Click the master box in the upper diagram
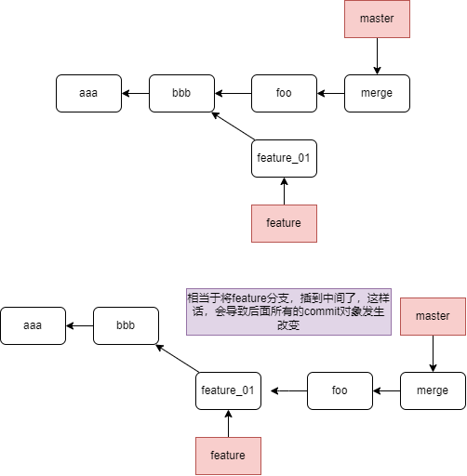point(377,19)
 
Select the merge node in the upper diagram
point(377,93)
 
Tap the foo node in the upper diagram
point(284,93)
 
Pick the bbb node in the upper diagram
point(181,93)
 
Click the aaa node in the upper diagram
point(88,93)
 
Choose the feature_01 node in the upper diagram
point(284,158)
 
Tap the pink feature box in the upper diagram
point(284,223)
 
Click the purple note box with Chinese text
point(288,311)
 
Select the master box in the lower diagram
point(433,316)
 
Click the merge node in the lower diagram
point(433,390)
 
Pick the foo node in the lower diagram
point(340,390)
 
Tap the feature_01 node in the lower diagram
point(228,390)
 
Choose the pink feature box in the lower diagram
point(228,456)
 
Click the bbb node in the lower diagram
point(126,325)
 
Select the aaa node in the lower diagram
point(33,325)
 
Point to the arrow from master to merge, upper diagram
point(377,56)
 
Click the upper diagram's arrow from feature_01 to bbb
point(233,126)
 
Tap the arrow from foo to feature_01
point(289,390)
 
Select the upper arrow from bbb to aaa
point(136,93)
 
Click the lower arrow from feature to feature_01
point(228,423)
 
